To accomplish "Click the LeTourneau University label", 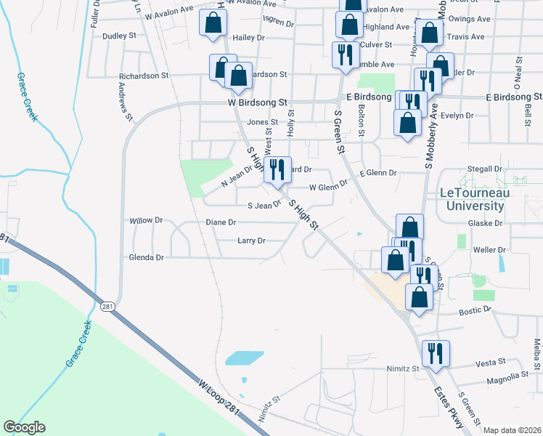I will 476,199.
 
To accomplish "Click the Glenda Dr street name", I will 146,257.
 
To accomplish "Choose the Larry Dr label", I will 251,241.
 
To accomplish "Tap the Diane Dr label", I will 221,222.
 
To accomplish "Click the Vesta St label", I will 490,362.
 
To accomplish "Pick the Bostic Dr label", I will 476,310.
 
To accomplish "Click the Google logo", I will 24,427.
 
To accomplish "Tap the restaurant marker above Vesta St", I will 435,354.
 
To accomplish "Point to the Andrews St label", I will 125,100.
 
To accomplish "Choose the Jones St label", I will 262,122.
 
